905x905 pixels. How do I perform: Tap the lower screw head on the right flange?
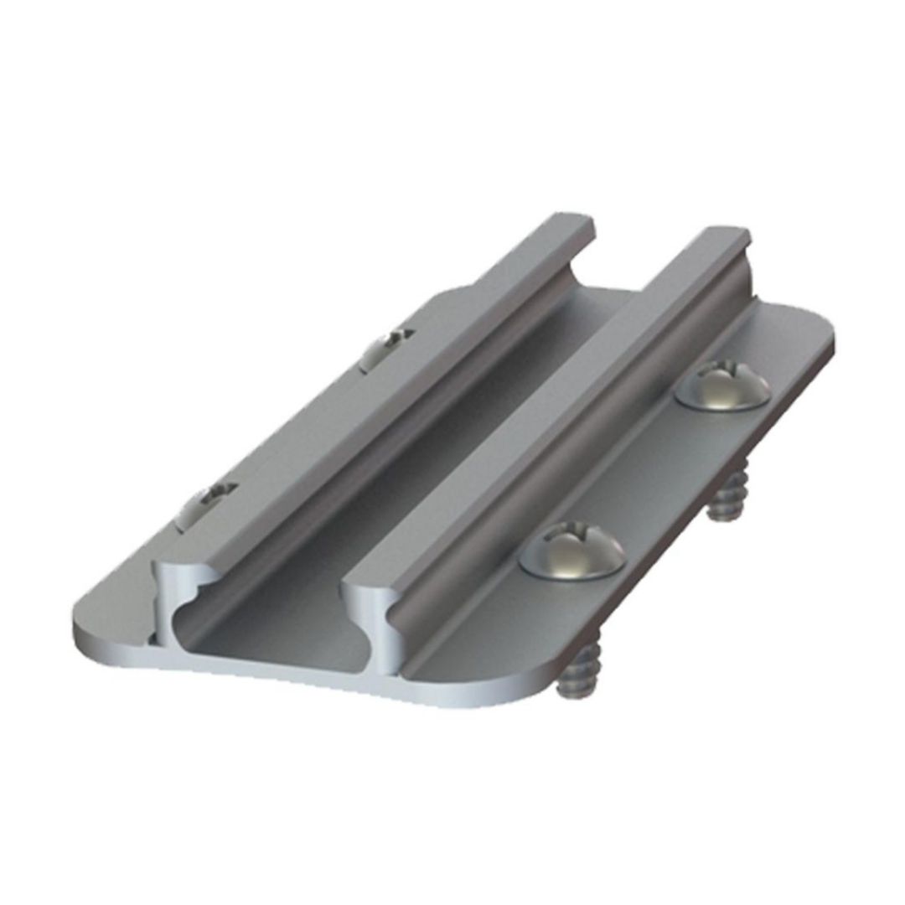[x=573, y=553]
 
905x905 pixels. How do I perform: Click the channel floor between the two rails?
[x=402, y=469]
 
